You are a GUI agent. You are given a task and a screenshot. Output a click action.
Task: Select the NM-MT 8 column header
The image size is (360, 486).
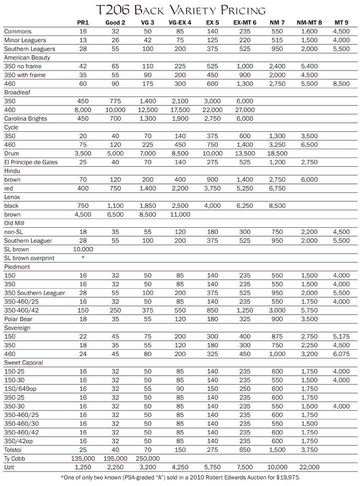[x=308, y=23]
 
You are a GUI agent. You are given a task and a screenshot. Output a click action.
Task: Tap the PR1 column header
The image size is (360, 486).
[x=83, y=23]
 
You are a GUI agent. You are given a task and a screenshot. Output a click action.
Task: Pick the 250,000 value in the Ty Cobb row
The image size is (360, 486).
[x=147, y=458]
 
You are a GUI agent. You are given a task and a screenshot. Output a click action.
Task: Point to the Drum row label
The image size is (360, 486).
[x=12, y=153]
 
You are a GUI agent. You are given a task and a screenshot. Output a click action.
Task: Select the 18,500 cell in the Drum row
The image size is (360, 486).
[x=277, y=153]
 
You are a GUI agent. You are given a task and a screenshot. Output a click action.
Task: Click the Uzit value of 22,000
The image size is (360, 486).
[x=308, y=467]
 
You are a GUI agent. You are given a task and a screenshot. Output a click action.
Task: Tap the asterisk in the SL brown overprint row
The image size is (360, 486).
[x=83, y=258]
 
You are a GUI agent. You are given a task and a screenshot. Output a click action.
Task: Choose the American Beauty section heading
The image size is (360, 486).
[x=25, y=57]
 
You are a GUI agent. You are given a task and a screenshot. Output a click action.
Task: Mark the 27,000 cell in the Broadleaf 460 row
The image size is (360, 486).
[x=246, y=110]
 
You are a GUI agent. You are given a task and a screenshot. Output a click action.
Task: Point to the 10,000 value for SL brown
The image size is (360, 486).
[x=83, y=249]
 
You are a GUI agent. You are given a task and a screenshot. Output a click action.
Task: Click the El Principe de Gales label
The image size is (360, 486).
[x=31, y=162]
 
